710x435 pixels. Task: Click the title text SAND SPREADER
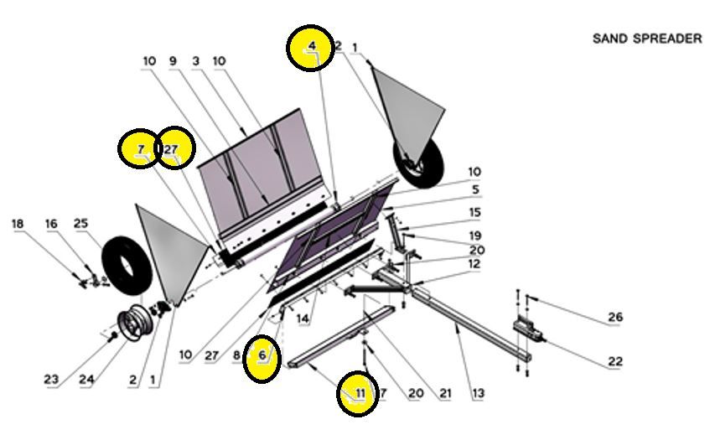coord(647,39)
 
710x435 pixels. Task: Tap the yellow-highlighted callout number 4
coord(312,45)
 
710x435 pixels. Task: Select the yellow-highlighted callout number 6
coord(262,356)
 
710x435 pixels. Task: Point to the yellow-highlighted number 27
coord(172,149)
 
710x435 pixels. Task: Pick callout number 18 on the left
coord(18,224)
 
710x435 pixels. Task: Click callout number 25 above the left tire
coord(80,224)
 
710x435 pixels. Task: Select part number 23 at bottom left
coord(52,380)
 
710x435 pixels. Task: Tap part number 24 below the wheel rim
coord(87,380)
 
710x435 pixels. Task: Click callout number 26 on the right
coord(615,318)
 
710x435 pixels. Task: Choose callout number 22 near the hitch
coord(615,362)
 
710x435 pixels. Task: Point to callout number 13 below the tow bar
coord(479,392)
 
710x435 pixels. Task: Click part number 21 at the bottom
coord(444,392)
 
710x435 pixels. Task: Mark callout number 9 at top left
coord(173,61)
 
